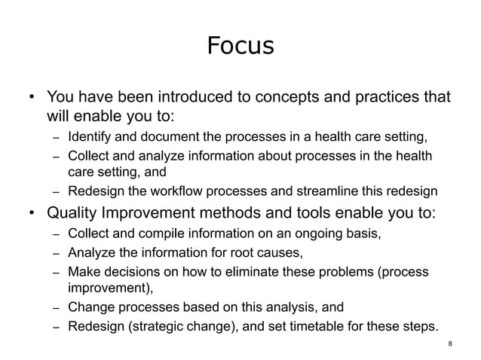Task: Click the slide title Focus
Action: tap(240, 47)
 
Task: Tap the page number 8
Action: tap(450, 344)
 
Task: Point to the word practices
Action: tap(379, 98)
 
